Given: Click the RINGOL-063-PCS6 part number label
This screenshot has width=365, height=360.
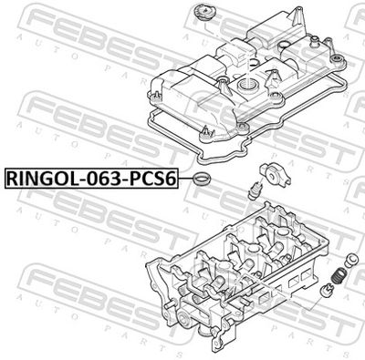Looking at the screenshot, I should [x=91, y=178].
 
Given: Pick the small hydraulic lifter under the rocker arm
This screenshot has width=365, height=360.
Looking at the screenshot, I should [x=253, y=190].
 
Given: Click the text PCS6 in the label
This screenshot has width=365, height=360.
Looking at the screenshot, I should [x=153, y=178].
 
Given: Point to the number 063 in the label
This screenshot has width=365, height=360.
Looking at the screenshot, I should [x=101, y=178].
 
